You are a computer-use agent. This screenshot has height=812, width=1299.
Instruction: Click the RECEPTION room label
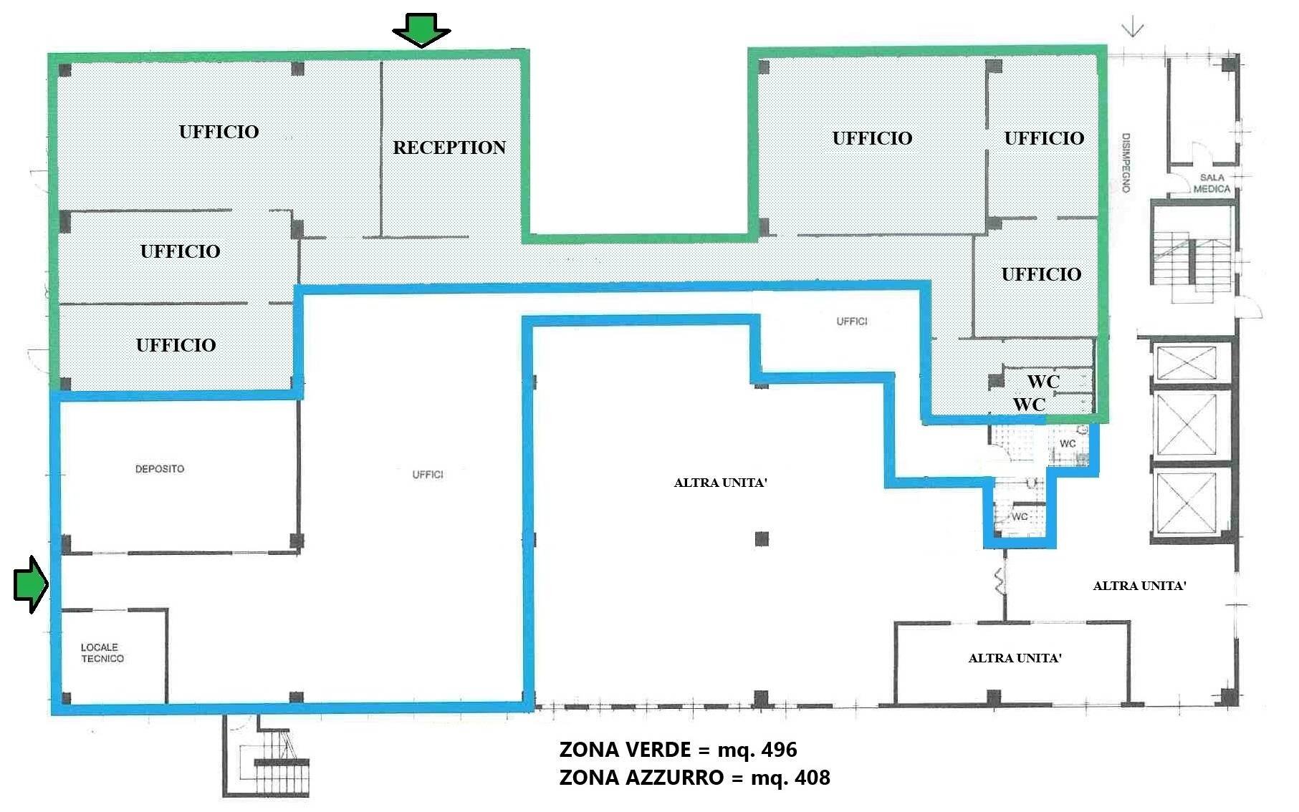[x=449, y=148]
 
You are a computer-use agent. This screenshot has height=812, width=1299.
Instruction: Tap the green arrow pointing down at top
[x=421, y=31]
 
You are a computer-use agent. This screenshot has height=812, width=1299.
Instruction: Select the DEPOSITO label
[x=160, y=469]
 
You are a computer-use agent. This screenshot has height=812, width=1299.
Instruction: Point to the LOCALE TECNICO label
[x=102, y=653]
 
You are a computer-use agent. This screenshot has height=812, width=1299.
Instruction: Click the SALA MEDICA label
[x=1212, y=183]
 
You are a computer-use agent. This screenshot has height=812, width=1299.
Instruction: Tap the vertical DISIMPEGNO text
[x=1126, y=163]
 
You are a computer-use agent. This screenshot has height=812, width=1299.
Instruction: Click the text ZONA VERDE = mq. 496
[x=678, y=750]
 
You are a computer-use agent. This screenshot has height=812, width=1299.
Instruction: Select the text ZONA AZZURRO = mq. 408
[x=694, y=778]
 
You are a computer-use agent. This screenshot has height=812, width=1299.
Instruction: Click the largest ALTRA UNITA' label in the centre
[x=720, y=483]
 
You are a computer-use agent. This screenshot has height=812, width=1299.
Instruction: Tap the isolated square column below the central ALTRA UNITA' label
[x=762, y=538]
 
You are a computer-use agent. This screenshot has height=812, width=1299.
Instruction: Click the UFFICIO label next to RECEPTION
[x=219, y=132]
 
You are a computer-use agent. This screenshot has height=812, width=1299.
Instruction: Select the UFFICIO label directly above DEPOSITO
[x=176, y=345]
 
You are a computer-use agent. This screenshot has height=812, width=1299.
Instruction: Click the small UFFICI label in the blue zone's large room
[x=428, y=475]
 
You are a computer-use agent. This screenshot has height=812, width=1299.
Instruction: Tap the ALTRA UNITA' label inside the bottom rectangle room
[x=1015, y=658]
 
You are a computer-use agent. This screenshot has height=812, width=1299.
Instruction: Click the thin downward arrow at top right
[x=1133, y=29]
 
